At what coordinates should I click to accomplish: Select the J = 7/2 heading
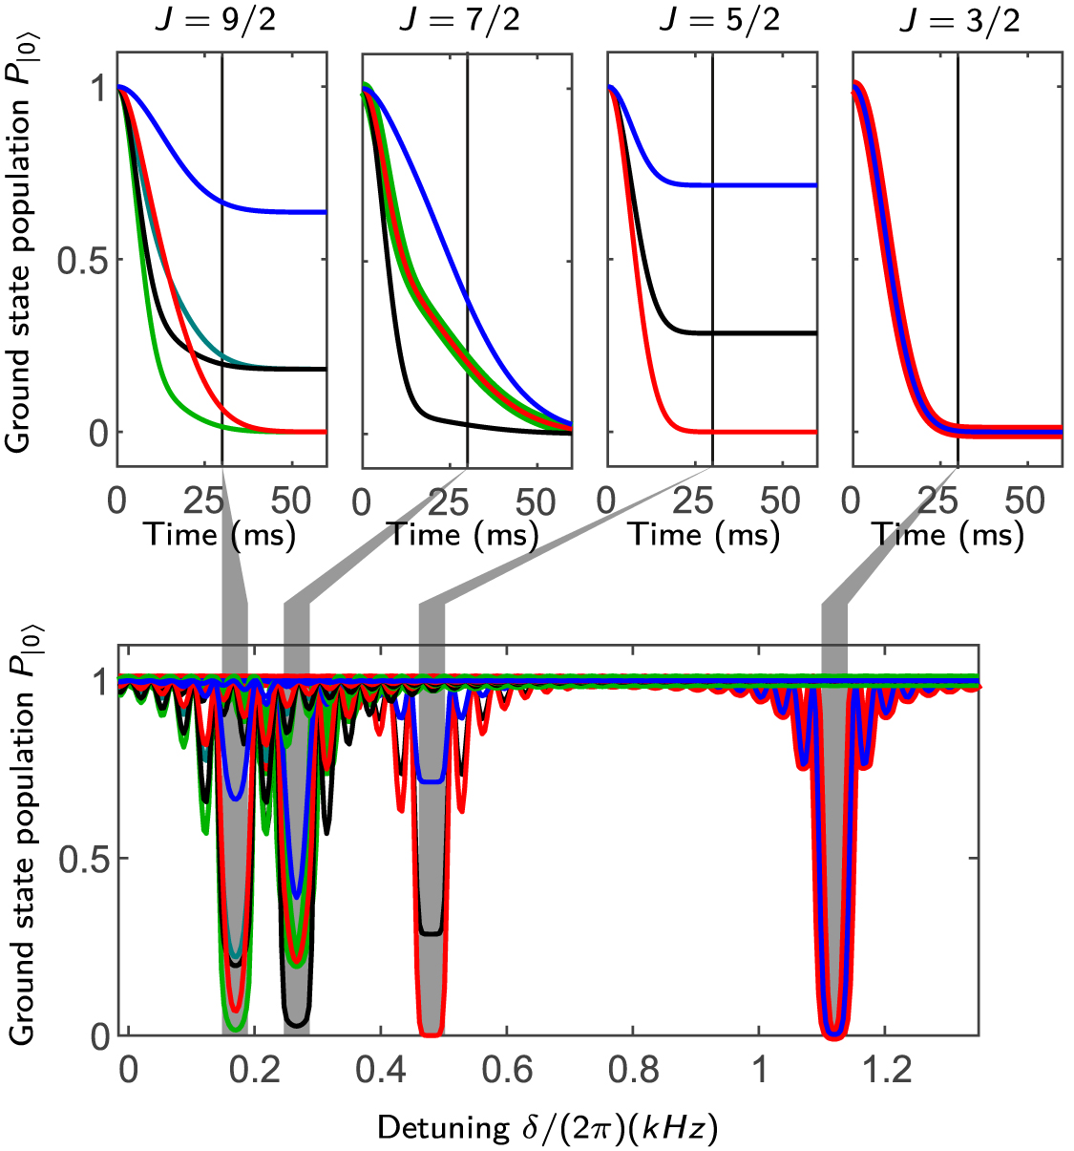pos(460,20)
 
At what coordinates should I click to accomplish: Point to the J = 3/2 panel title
pos(958,20)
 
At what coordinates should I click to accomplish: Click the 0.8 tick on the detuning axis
pos(634,1070)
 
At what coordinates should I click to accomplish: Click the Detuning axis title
pos(547,1128)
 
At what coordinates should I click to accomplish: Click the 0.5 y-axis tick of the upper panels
pos(84,260)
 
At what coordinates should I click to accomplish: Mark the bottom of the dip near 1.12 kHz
pos(835,1032)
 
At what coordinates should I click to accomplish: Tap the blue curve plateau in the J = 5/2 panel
pos(764,184)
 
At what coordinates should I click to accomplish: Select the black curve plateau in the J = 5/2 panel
pos(764,333)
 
